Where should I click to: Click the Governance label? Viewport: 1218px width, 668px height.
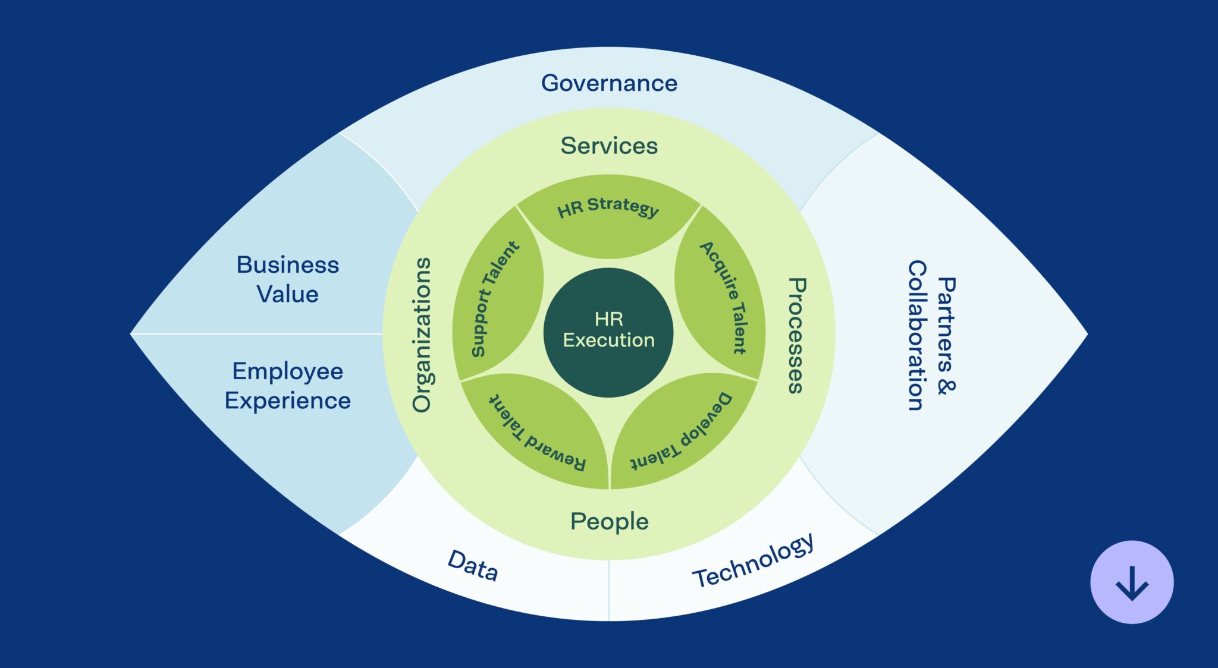(609, 83)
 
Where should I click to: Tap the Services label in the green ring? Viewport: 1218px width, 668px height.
(609, 146)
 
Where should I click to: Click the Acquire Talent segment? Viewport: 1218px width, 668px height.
(723, 297)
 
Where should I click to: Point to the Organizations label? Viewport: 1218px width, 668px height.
(422, 335)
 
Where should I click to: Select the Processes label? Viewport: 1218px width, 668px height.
(796, 335)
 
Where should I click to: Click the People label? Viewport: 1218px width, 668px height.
(609, 521)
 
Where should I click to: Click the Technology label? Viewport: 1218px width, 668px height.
(753, 560)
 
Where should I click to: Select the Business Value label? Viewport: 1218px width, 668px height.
(288, 279)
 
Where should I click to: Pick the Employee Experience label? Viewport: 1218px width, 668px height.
(288, 386)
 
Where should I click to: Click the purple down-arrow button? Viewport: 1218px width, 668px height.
(1132, 582)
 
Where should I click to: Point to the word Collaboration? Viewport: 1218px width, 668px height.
(916, 335)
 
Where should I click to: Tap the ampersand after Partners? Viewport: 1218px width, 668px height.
(946, 386)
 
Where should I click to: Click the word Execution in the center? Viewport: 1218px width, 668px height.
(608, 340)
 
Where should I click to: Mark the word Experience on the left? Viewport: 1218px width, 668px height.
(288, 401)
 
